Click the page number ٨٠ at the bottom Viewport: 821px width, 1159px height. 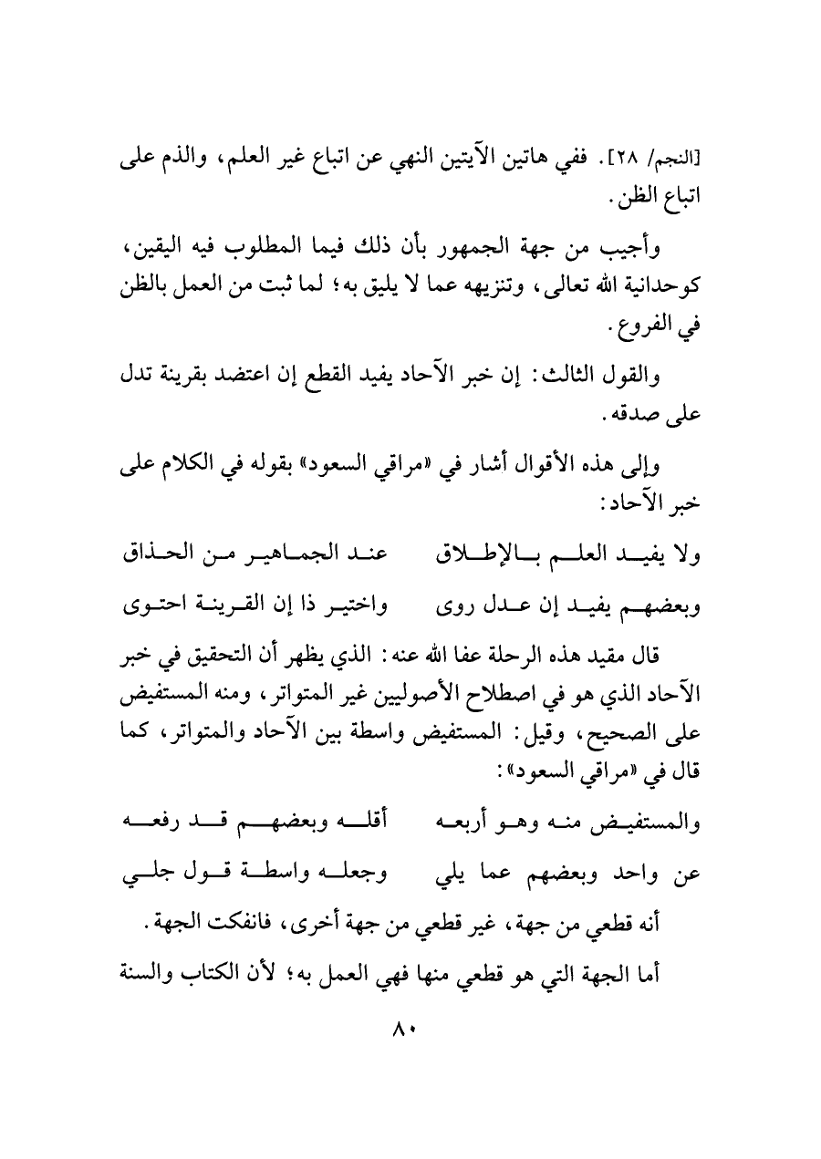point(402,1029)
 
